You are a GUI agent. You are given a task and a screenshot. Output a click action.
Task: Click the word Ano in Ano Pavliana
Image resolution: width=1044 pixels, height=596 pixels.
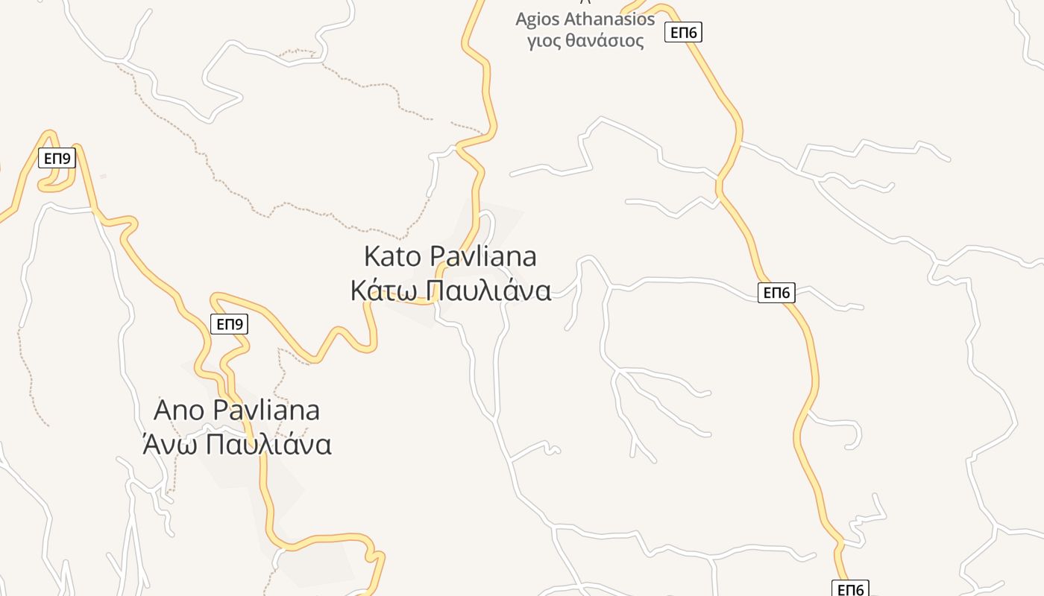(179, 410)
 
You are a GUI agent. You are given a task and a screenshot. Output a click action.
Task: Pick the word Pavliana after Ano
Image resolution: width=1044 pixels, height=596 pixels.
(265, 410)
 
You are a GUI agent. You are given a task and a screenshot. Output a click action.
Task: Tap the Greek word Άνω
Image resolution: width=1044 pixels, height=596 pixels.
(169, 444)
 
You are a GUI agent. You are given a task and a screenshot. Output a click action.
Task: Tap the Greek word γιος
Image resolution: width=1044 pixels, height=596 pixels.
(544, 40)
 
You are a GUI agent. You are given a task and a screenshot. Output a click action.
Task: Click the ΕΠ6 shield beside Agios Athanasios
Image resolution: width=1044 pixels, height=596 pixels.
(684, 32)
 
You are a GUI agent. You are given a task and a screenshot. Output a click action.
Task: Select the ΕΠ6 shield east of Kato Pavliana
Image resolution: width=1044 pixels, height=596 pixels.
(777, 293)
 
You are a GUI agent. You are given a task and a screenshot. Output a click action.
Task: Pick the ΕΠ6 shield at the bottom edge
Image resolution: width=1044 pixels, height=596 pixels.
(850, 589)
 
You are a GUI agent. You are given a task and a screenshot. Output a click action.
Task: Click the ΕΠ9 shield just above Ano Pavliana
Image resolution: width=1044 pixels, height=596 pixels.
(229, 324)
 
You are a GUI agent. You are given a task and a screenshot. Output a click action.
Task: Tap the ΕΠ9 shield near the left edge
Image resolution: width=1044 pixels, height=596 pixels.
(57, 158)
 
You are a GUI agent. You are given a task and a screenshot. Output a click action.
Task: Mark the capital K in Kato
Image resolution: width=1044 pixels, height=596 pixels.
(372, 256)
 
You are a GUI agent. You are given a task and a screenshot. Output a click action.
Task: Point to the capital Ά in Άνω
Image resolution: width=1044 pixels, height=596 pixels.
(151, 444)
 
